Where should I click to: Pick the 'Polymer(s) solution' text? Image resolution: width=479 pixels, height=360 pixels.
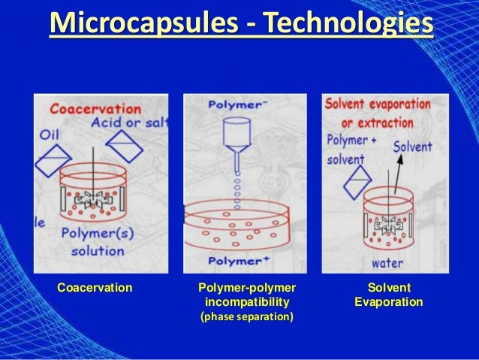click(98, 241)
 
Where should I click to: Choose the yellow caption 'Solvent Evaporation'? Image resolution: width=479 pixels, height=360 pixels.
click(388, 295)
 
